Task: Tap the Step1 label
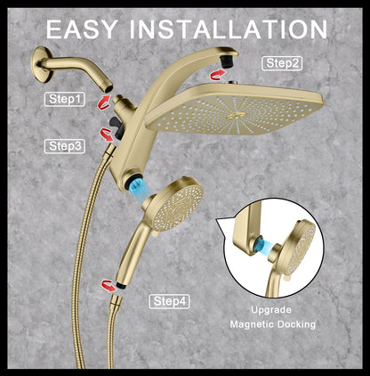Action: [x=65, y=101]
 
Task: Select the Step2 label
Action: [x=282, y=63]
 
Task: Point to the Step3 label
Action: [x=65, y=144]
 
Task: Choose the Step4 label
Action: [x=169, y=301]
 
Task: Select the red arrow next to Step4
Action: [x=109, y=286]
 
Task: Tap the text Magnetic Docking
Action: [x=272, y=324]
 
